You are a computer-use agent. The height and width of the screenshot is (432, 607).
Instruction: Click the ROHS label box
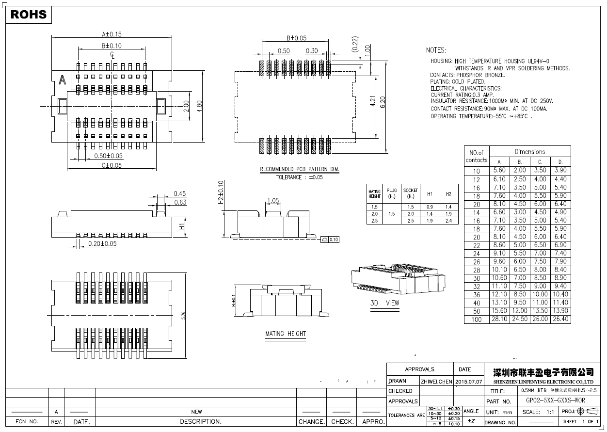click(29, 15)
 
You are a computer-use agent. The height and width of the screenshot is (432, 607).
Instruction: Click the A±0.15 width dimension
click(112, 34)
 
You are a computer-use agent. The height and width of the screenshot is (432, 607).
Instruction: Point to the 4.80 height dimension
click(199, 106)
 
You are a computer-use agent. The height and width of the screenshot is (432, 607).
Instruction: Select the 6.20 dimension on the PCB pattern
click(383, 102)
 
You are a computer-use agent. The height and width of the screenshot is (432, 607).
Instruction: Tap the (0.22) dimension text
click(354, 44)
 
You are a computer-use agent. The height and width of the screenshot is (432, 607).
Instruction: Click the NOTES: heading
click(436, 50)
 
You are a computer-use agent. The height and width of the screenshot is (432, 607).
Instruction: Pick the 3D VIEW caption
click(385, 303)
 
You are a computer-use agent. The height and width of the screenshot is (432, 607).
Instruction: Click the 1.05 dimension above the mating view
click(273, 200)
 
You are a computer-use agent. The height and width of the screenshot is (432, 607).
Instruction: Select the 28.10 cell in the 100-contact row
click(499, 319)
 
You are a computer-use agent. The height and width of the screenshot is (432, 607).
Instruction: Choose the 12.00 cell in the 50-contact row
click(520, 311)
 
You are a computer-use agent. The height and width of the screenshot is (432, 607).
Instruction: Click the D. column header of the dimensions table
click(560, 161)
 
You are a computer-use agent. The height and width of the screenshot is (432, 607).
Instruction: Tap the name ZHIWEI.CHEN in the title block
click(436, 382)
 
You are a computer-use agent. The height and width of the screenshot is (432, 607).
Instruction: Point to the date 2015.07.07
click(469, 382)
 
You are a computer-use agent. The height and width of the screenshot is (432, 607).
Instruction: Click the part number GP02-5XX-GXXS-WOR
click(555, 401)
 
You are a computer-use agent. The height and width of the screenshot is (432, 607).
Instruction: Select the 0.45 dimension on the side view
click(180, 194)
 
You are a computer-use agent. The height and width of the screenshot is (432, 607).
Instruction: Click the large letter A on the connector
click(62, 81)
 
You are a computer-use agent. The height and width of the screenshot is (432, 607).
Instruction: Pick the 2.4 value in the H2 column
click(448, 221)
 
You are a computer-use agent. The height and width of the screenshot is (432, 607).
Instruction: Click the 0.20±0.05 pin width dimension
click(102, 243)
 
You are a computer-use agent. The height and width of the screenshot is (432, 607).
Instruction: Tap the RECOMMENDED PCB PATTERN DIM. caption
click(300, 170)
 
